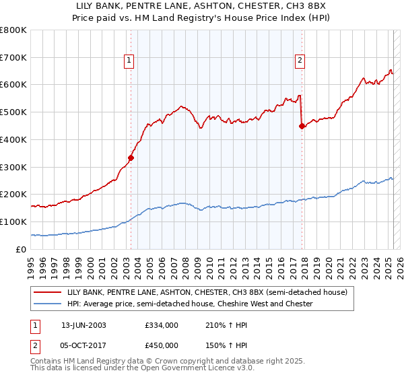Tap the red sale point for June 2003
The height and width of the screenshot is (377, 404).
pyautogui.click(x=131, y=158)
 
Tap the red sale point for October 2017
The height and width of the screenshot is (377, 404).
pyautogui.click(x=302, y=126)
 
